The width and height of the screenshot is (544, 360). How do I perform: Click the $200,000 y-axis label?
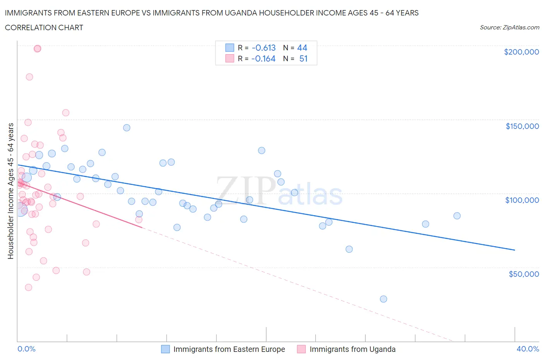521,52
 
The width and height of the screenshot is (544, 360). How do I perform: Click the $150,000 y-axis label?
522,126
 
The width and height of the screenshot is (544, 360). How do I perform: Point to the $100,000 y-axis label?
522,200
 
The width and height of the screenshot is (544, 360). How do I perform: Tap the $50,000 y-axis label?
523,274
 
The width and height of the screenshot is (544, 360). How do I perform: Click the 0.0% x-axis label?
26,349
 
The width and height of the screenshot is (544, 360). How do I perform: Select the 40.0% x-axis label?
528,349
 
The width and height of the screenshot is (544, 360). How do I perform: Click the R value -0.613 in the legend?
263,48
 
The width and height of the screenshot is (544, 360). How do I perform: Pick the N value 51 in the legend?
303,58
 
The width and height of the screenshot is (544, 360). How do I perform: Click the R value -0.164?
263,58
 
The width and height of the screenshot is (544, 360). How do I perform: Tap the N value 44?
302,48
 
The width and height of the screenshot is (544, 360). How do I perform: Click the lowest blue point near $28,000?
383,299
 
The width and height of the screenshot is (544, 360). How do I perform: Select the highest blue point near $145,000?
127,128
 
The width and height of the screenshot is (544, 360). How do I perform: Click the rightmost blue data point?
457,216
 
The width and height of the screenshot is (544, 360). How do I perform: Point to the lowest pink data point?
28,287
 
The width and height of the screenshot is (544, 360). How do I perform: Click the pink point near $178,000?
29,77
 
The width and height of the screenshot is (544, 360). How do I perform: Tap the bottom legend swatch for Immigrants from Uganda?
301,349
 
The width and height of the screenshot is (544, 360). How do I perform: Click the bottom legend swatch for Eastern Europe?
165,349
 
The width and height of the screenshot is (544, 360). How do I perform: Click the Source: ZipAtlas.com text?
509,27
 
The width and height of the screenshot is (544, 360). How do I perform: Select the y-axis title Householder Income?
10,191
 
